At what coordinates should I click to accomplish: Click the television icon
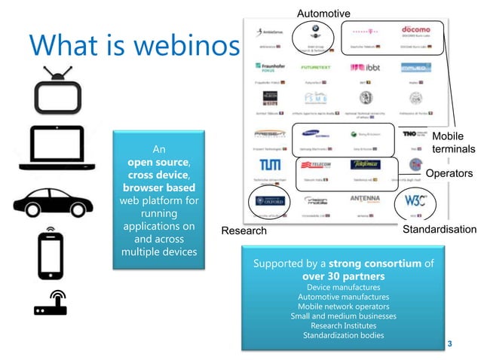pos(57,92)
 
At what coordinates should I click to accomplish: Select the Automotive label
pos(323,14)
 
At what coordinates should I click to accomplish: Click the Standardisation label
pos(440,230)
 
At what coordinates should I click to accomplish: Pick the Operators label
pos(449,173)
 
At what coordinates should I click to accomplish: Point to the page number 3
pos(449,344)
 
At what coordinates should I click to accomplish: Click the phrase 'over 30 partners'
pos(343,276)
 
